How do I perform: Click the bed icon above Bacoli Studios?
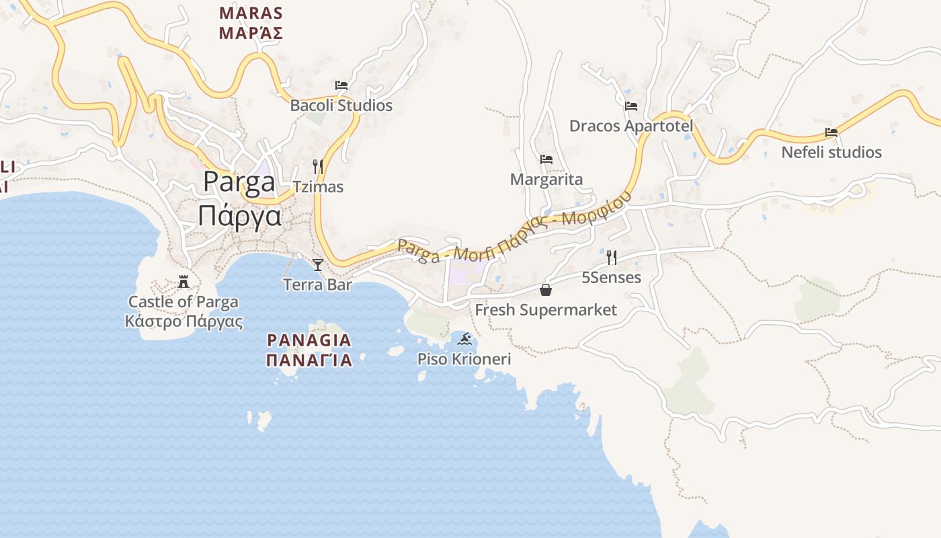[x=341, y=85]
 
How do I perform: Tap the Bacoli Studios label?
[x=341, y=106]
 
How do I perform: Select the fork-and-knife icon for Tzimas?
[x=318, y=166]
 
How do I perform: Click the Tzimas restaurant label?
[x=318, y=187]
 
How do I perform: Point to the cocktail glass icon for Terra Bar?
[x=318, y=264]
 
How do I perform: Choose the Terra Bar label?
[x=318, y=284]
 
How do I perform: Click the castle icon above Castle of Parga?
[x=183, y=281]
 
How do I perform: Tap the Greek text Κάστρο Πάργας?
[x=183, y=321]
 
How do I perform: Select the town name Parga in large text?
[x=239, y=182]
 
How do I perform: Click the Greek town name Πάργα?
[x=239, y=216]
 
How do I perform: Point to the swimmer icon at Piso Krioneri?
[x=464, y=338]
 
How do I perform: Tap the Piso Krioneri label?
[x=464, y=359]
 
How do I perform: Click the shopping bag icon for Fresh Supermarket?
[x=546, y=290]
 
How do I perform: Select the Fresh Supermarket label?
[x=546, y=310]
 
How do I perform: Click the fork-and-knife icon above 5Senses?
[x=611, y=257]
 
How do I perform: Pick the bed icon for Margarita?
[x=546, y=159]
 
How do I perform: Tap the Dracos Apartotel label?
[x=631, y=126]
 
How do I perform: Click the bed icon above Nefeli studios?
[x=831, y=132]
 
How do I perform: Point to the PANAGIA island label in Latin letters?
[x=309, y=340]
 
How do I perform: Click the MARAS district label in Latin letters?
[x=251, y=13]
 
